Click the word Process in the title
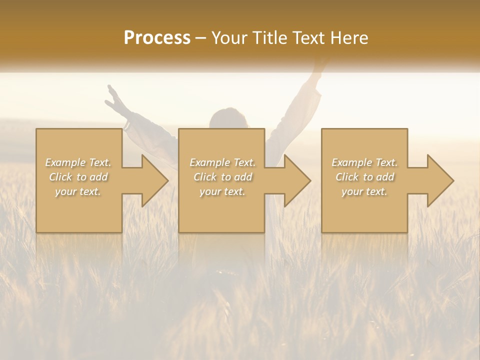(x=157, y=38)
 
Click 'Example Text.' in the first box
(x=78, y=162)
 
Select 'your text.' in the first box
(x=78, y=191)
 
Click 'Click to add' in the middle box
(x=222, y=177)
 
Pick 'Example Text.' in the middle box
(x=222, y=162)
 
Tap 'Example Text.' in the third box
(x=364, y=162)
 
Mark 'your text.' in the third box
(x=364, y=191)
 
